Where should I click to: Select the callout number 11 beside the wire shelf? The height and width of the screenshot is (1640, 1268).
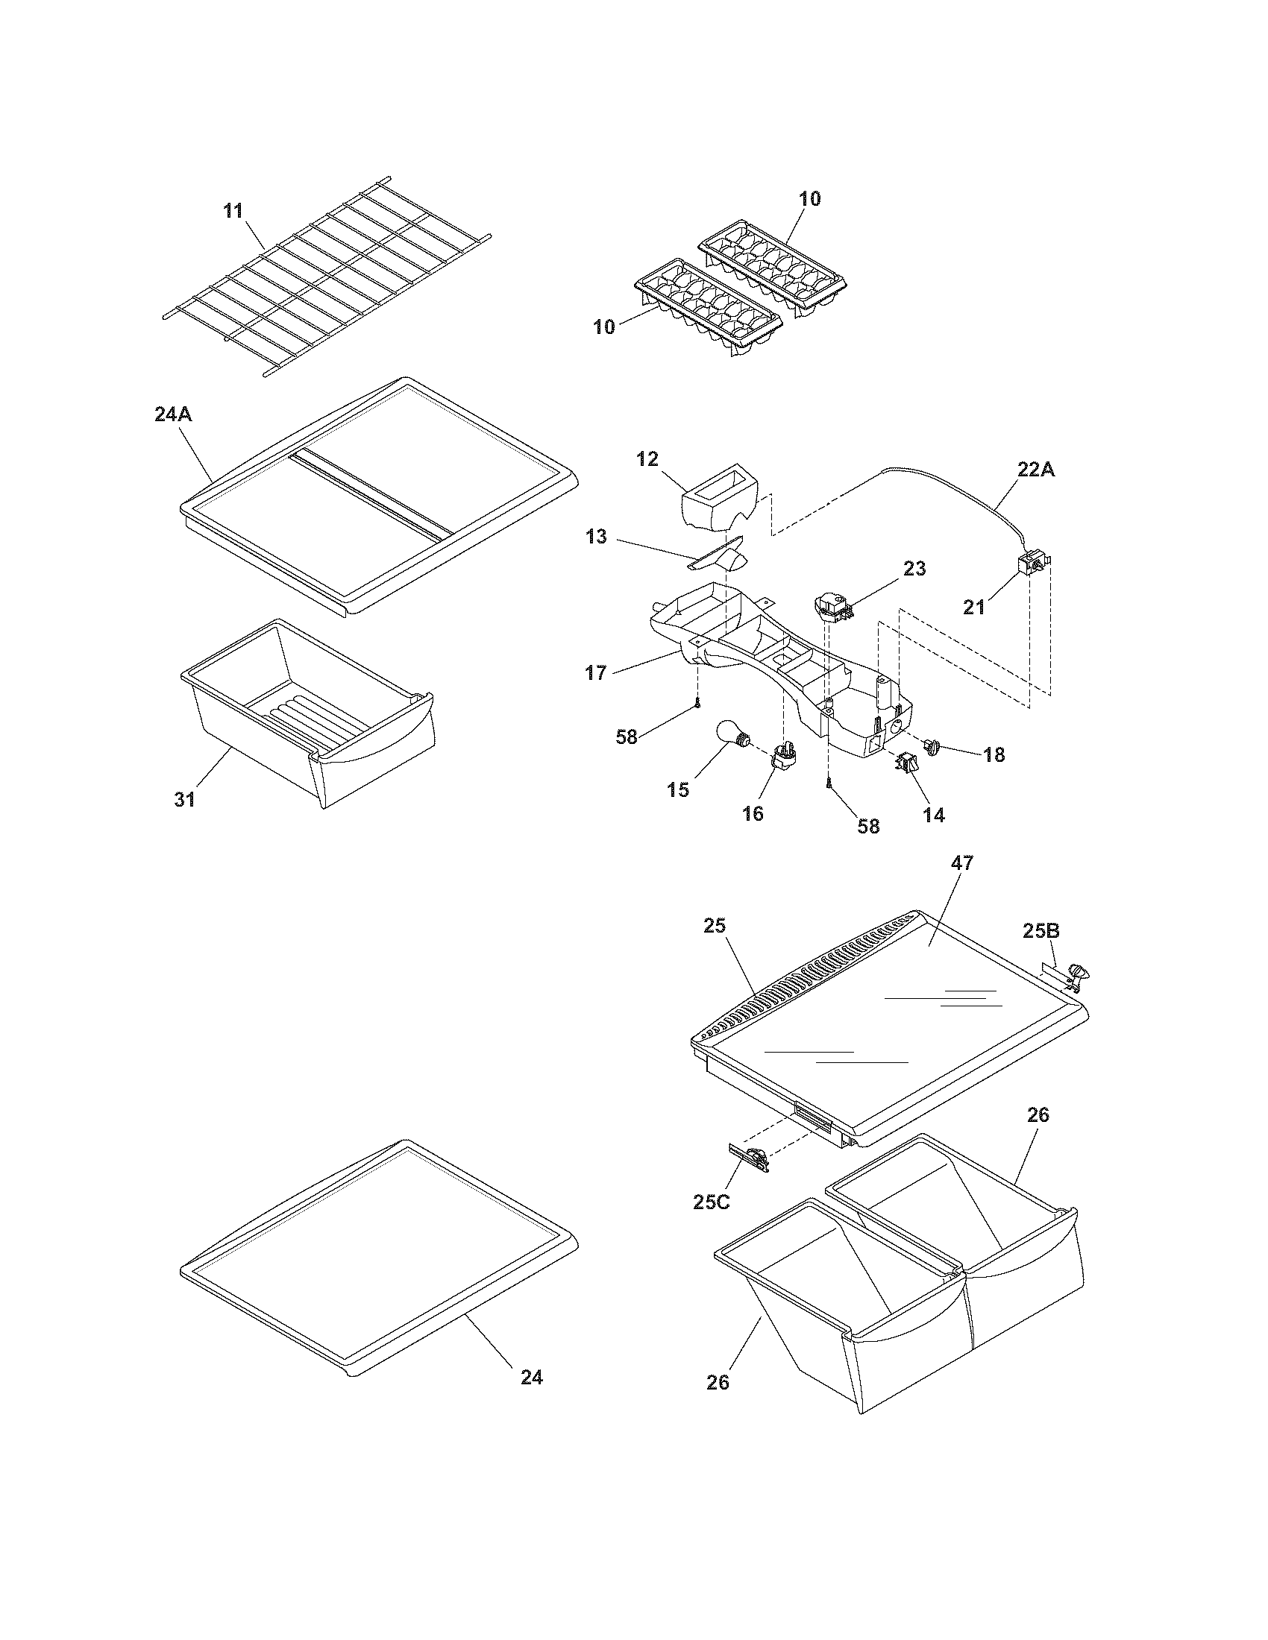[x=233, y=211]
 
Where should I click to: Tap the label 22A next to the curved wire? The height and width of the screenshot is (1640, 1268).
[x=1036, y=471]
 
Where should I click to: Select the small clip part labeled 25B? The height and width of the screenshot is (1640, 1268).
[x=1070, y=977]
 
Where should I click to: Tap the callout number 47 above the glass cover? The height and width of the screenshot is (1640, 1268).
[x=961, y=863]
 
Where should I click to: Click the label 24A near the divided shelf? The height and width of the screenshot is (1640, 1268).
[x=174, y=414]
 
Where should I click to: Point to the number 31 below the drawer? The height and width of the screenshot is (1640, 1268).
[x=185, y=799]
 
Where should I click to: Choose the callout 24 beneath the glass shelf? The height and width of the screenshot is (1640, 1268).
[x=532, y=1377]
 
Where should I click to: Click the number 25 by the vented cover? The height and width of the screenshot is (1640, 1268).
[x=715, y=926]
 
